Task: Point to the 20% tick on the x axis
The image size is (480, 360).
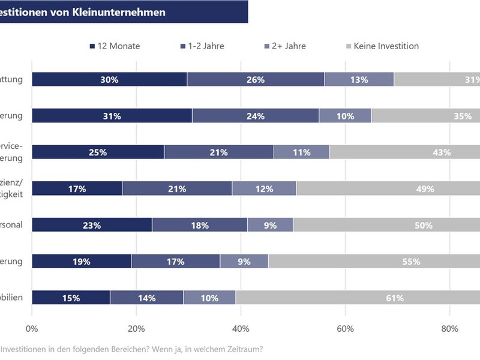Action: click(136, 328)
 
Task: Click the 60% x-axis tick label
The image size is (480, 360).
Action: click(345, 328)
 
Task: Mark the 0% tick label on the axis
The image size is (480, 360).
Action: click(32, 328)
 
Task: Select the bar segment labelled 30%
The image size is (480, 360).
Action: click(109, 79)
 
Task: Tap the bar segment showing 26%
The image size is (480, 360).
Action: click(256, 79)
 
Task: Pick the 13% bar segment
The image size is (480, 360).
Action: click(359, 79)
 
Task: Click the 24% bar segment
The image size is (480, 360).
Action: click(256, 116)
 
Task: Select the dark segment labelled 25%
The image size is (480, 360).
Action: click(98, 152)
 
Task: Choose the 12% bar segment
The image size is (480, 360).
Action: click(264, 188)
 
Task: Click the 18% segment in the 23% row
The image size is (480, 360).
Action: click(199, 225)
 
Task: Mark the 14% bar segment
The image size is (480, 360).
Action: click(146, 298)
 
